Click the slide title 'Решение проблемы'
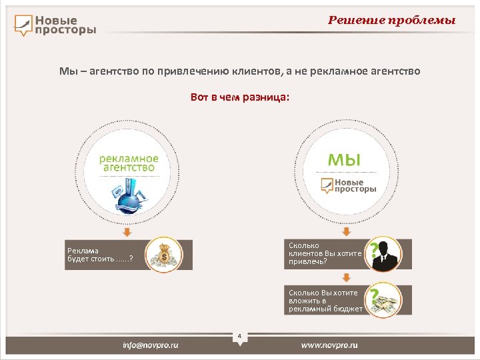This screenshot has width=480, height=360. (x=391, y=20)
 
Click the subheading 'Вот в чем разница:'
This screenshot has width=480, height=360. (x=240, y=97)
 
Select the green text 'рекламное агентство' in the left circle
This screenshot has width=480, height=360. (x=129, y=163)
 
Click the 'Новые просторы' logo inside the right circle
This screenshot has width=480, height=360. (x=346, y=185)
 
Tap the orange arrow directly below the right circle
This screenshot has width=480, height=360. (x=345, y=231)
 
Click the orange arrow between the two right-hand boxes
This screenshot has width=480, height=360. (x=345, y=277)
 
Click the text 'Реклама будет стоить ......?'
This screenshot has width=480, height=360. (x=100, y=255)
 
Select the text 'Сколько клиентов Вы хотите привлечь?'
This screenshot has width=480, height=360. (x=325, y=253)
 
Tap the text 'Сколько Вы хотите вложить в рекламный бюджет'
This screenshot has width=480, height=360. (x=325, y=301)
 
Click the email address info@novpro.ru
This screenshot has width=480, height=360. (x=151, y=345)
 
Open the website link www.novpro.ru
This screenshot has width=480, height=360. (x=329, y=345)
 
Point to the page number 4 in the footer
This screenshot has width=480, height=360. (x=239, y=335)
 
